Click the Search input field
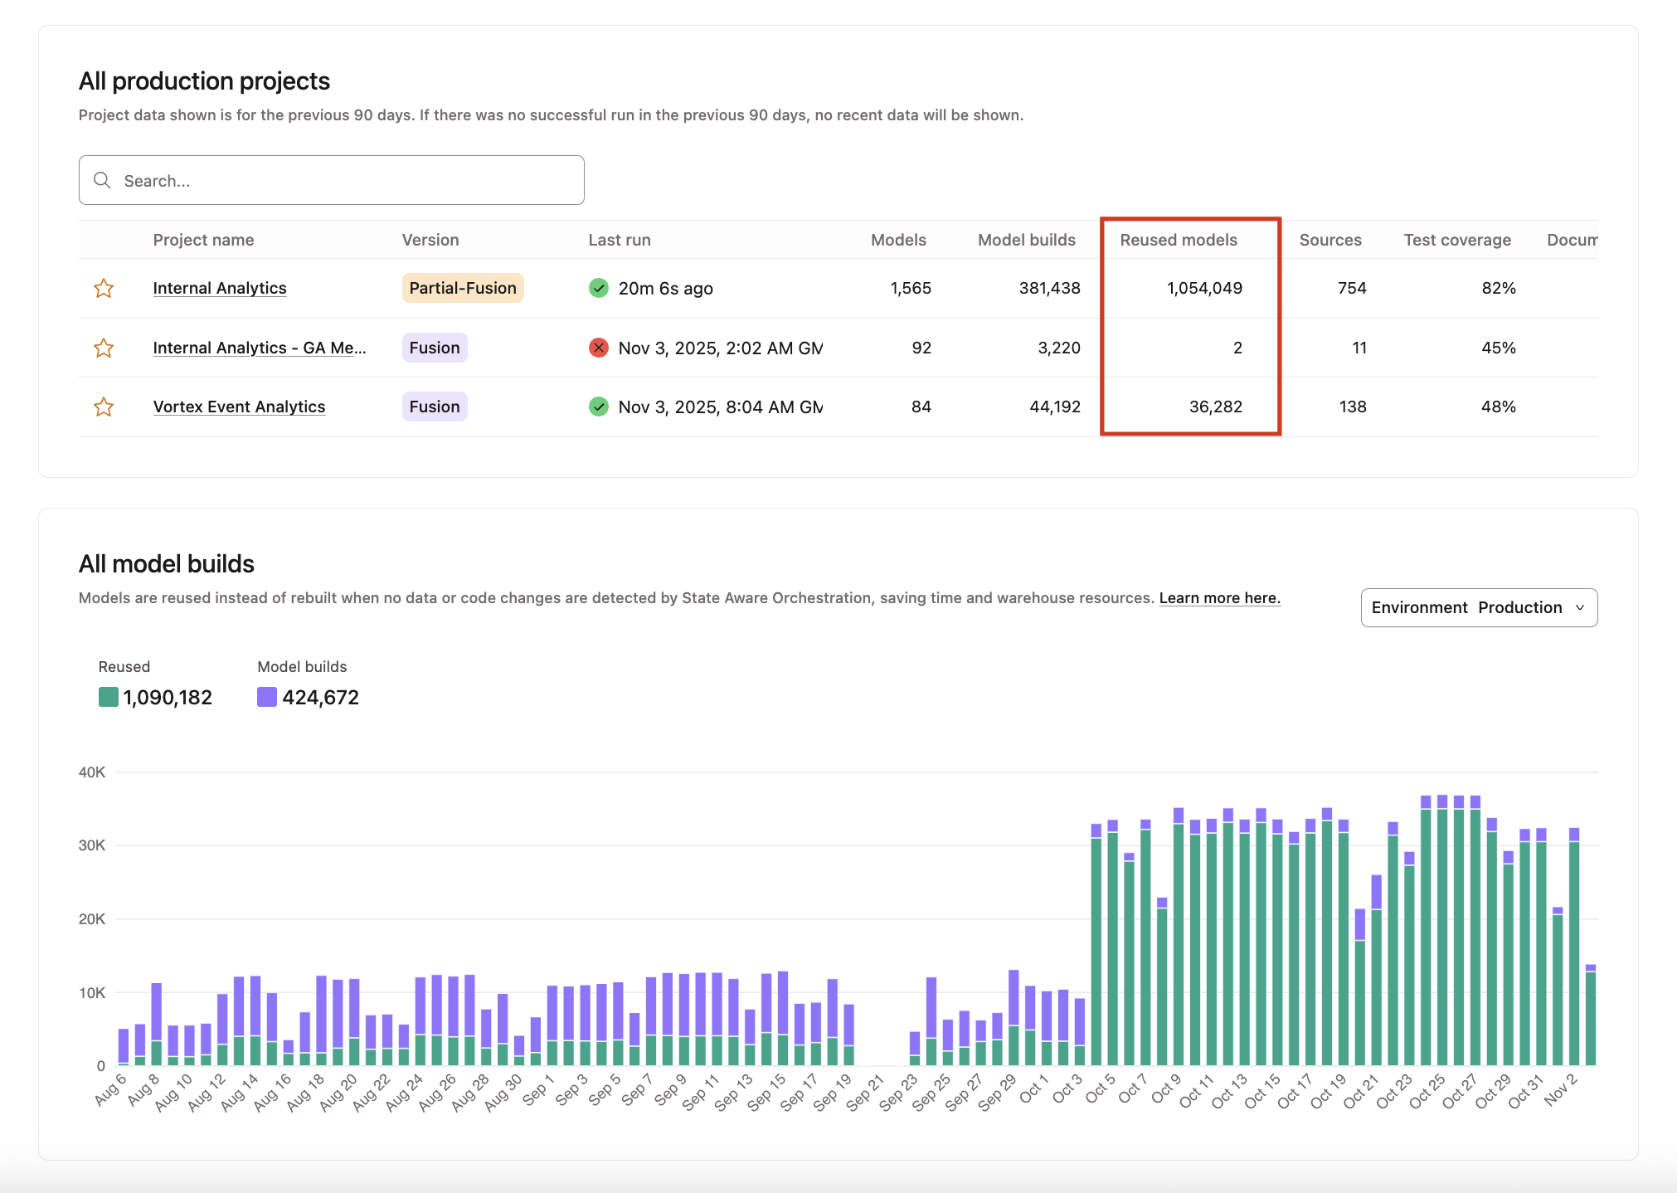coord(332,180)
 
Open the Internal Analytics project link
coord(220,288)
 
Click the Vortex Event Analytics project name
coord(239,407)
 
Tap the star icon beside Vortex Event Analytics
coord(104,407)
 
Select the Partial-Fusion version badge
coord(462,288)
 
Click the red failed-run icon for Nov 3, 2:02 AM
coord(598,348)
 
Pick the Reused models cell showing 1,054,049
coord(1204,288)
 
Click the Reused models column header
coord(1178,240)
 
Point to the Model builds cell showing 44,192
coord(1054,407)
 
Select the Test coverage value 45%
coord(1498,348)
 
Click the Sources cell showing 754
coord(1351,288)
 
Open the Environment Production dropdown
coord(1478,607)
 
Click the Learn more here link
coord(1219,598)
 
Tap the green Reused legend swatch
coord(109,697)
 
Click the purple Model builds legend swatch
coord(267,697)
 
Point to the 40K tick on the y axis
coord(92,772)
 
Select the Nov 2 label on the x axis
coord(1560,1090)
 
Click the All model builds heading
coord(167,564)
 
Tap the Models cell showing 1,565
coord(910,288)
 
